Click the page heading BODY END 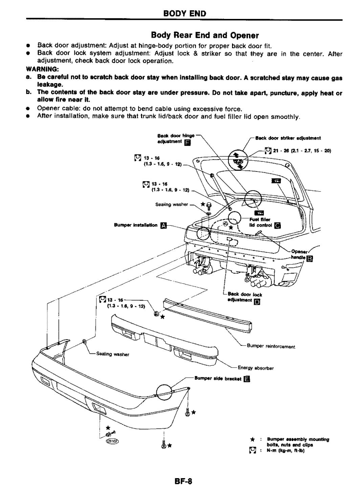[x=184, y=14]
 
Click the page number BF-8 [x=184, y=480]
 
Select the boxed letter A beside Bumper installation [x=163, y=225]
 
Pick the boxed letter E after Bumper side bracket [x=247, y=379]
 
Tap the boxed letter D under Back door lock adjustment [x=256, y=302]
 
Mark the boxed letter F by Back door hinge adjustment [x=186, y=142]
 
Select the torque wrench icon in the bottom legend [x=252, y=450]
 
